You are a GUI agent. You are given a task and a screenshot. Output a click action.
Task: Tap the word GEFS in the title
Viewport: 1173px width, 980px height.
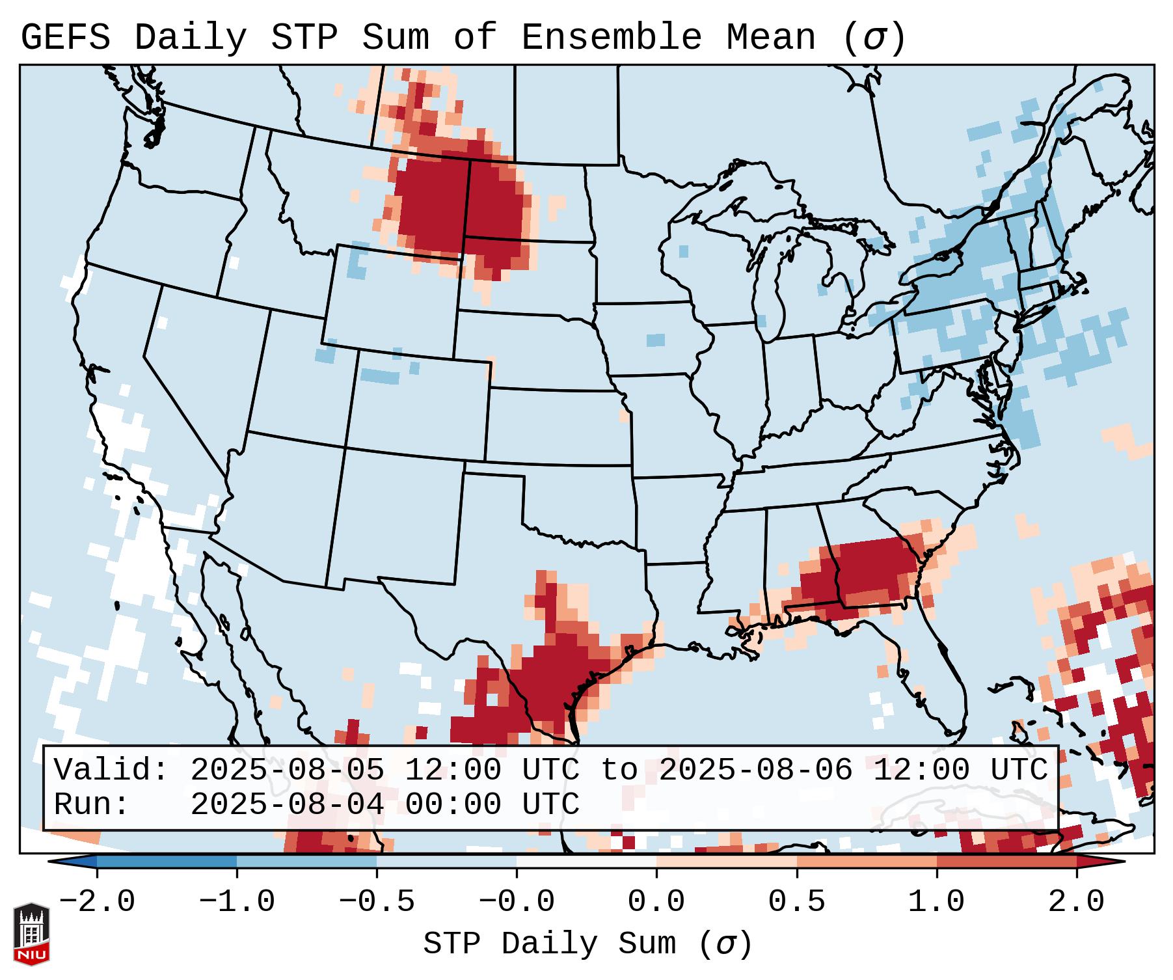pyautogui.click(x=66, y=38)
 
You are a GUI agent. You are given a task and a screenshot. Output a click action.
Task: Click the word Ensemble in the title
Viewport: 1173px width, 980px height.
pyautogui.click(x=612, y=38)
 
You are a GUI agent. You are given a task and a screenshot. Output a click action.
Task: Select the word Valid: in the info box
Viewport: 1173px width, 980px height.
pyautogui.click(x=111, y=770)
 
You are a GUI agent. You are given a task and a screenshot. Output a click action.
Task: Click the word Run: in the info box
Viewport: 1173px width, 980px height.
pyautogui.click(x=92, y=805)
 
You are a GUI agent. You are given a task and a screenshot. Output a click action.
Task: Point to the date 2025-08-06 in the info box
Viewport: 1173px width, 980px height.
pyautogui.click(x=755, y=770)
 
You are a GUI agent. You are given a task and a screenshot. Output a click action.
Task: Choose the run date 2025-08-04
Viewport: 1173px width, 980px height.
pyautogui.click(x=287, y=805)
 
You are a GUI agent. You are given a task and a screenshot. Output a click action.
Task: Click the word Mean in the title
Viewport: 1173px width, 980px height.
pyautogui.click(x=771, y=38)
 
